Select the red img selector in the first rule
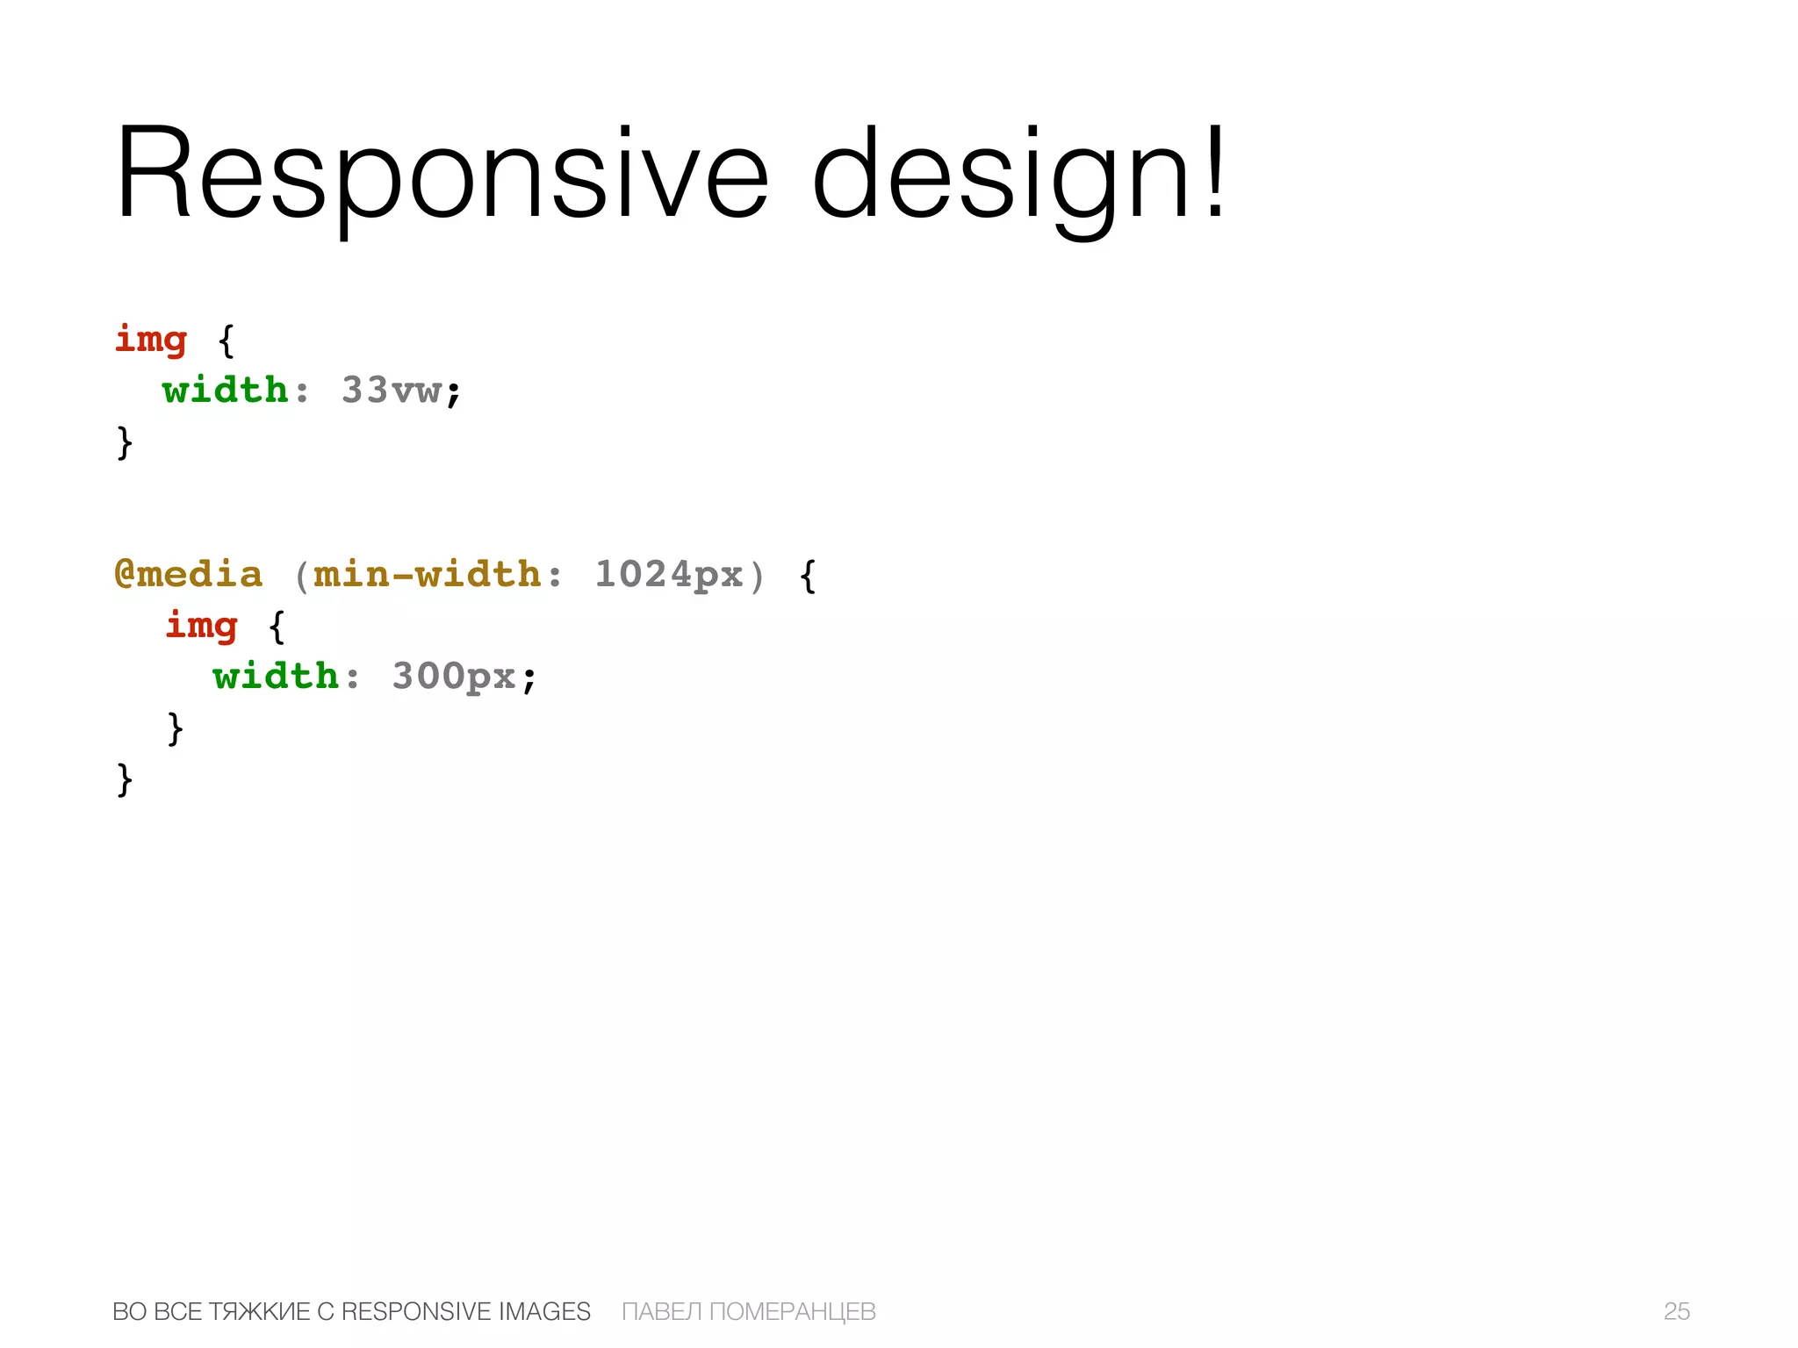point(151,340)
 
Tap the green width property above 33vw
point(225,391)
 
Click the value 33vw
point(392,391)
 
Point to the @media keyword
point(189,575)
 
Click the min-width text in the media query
point(428,575)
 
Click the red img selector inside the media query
point(202,626)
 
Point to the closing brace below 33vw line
point(125,441)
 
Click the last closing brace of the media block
point(125,778)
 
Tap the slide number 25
point(1676,1311)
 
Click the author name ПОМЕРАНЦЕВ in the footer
point(792,1311)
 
